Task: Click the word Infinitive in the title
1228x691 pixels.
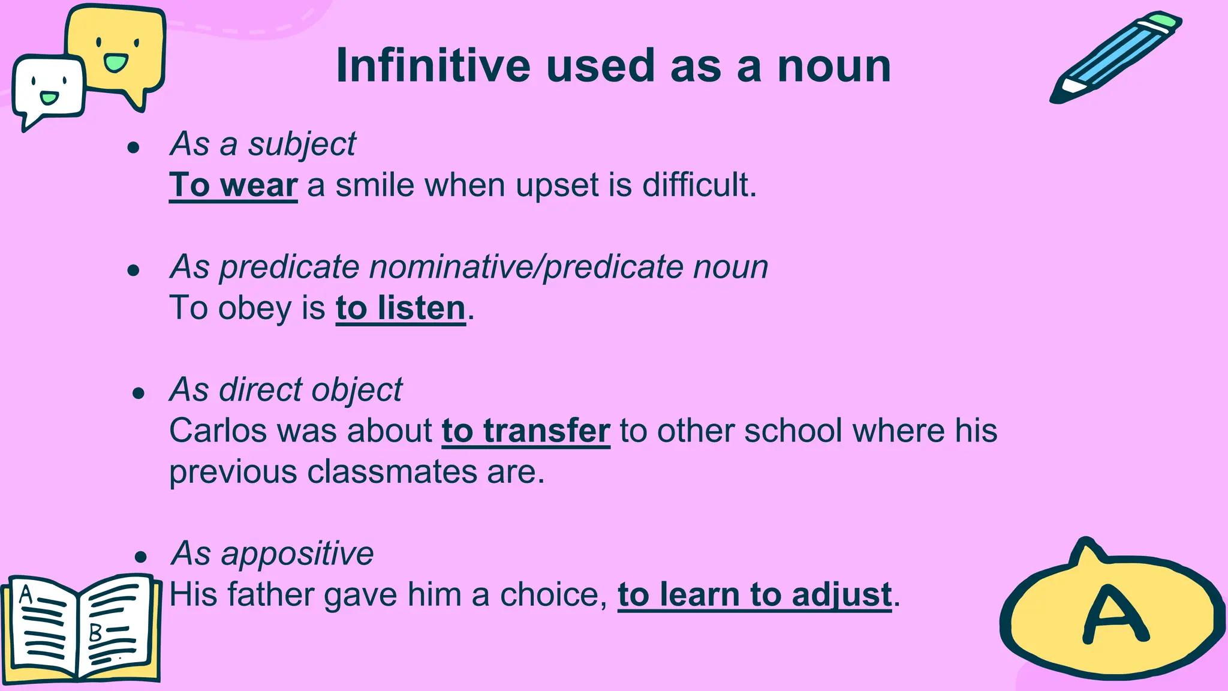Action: (x=433, y=65)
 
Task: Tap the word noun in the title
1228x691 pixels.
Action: (x=834, y=67)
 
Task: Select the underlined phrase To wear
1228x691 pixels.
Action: (x=233, y=185)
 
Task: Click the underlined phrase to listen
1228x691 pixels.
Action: (x=401, y=308)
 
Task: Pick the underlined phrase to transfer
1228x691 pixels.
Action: (x=526, y=431)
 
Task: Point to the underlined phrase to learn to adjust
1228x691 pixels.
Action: (x=754, y=594)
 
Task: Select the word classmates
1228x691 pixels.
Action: (x=392, y=471)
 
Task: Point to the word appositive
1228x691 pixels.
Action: (x=297, y=553)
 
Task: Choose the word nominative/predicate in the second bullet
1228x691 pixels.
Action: (x=526, y=267)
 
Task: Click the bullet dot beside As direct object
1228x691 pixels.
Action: (x=139, y=393)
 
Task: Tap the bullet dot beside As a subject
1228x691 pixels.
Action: (x=134, y=148)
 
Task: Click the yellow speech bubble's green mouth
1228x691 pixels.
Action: (x=115, y=62)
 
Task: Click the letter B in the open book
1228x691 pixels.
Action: (x=95, y=632)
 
